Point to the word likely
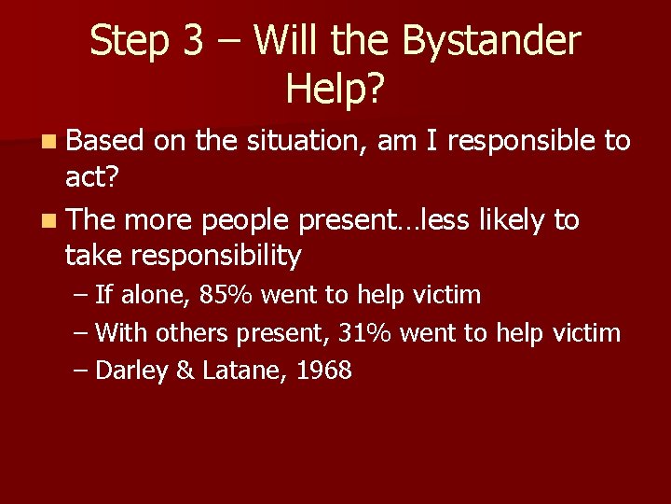click(514, 220)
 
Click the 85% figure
click(227, 296)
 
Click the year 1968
click(324, 371)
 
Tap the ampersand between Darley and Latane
click(185, 371)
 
